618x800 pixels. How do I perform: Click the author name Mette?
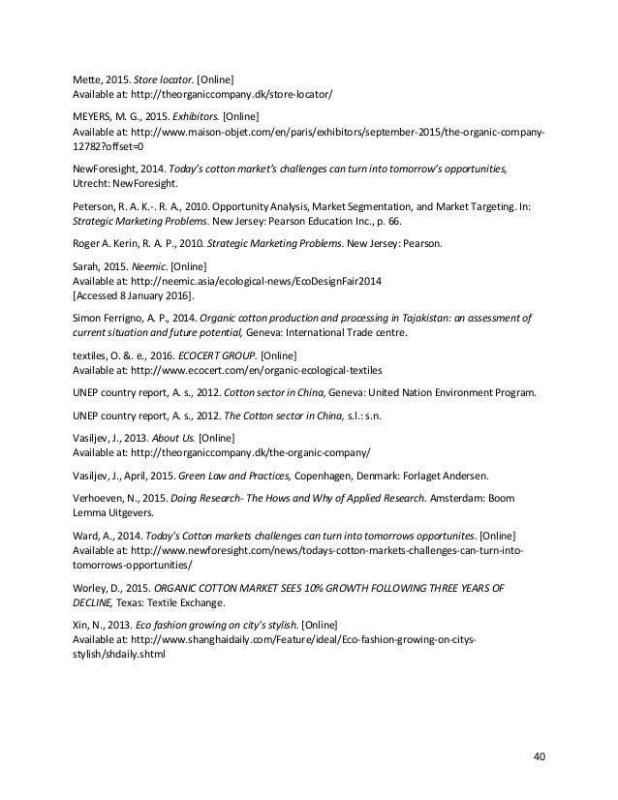87,78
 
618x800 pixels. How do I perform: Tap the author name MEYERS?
95,116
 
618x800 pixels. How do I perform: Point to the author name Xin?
82,626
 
